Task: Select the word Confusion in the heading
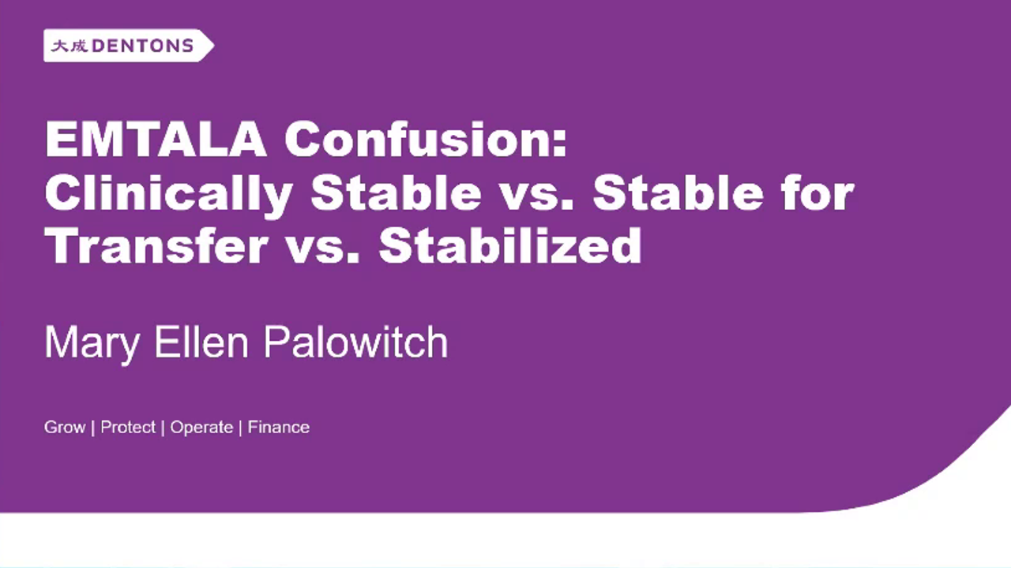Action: [x=419, y=141]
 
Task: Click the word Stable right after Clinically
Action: [x=395, y=193]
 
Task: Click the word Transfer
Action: [x=156, y=245]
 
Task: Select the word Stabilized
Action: [x=510, y=245]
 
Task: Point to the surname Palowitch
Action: [x=355, y=342]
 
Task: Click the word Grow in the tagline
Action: [x=65, y=428]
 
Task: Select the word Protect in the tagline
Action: [x=128, y=428]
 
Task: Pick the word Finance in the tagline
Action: [x=279, y=428]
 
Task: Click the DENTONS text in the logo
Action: [x=143, y=47]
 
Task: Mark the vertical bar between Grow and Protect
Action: [x=93, y=428]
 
